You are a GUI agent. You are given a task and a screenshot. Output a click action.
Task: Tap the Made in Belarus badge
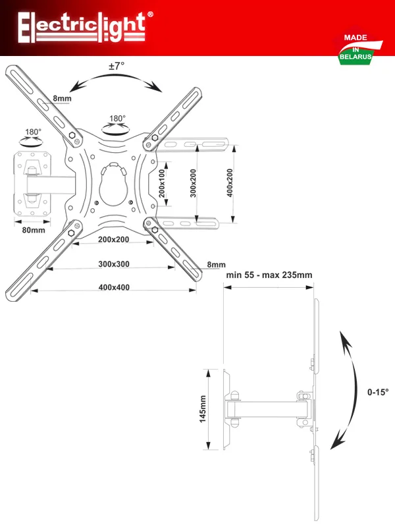[357, 48]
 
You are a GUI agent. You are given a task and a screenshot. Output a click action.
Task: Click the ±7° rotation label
[117, 66]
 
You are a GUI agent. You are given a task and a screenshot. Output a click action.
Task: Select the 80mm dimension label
[34, 230]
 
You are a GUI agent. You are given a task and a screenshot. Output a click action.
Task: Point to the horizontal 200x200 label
[113, 239]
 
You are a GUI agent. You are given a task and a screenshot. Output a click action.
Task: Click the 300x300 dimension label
[114, 264]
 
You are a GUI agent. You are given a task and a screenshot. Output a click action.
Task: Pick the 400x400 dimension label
[114, 287]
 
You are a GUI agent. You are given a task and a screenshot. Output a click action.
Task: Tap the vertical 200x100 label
[162, 183]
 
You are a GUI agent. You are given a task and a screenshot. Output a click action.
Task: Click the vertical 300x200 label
[193, 183]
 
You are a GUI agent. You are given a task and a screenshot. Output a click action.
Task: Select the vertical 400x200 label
[230, 183]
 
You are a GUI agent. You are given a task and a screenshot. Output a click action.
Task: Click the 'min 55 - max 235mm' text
[269, 275]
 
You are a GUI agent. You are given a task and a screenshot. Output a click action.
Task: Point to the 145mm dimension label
[203, 409]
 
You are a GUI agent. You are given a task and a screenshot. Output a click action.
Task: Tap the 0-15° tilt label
[378, 392]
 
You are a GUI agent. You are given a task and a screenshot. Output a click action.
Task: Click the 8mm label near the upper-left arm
[62, 98]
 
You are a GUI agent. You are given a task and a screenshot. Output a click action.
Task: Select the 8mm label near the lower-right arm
[217, 265]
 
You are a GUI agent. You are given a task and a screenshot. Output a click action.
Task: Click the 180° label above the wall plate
[33, 132]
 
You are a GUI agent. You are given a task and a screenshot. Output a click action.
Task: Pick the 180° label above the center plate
[117, 119]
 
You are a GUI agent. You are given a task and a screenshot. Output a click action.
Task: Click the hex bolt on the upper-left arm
[72, 135]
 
